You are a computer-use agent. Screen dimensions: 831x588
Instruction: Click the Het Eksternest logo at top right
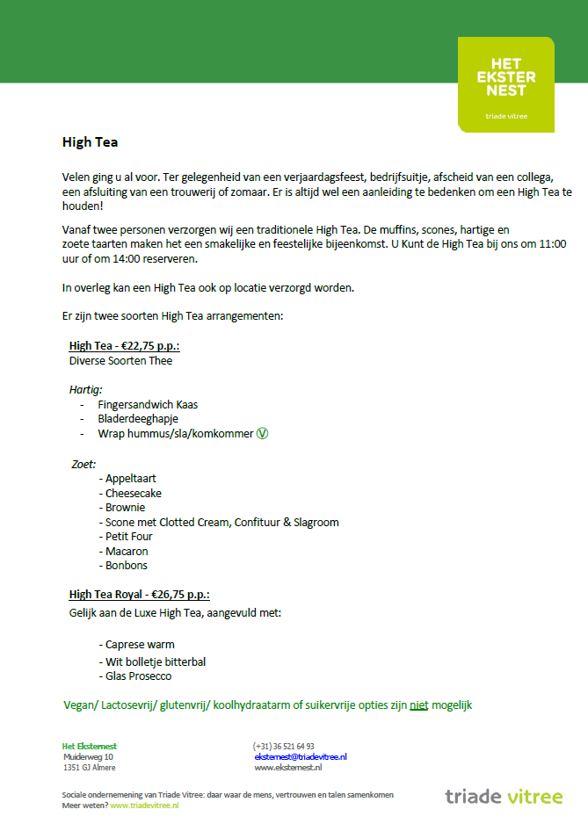[x=505, y=84]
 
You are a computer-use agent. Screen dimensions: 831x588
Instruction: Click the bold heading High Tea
[x=90, y=141]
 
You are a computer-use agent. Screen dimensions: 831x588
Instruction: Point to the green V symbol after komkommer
[x=261, y=433]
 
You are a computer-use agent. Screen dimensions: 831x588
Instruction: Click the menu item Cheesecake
[x=133, y=494]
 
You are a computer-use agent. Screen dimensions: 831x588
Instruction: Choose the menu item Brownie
[x=125, y=508]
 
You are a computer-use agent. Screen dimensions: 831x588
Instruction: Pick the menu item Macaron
[x=126, y=551]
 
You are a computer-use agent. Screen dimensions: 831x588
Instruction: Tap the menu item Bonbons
[x=127, y=566]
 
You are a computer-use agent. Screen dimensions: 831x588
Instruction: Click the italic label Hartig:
[x=86, y=389]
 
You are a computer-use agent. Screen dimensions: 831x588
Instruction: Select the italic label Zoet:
[x=83, y=464]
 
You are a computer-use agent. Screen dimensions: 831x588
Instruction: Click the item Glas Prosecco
[x=138, y=676]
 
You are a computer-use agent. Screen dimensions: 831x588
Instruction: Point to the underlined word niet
[x=419, y=705]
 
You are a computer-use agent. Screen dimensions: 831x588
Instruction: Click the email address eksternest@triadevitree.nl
[x=301, y=756]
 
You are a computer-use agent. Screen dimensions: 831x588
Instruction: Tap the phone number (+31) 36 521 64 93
[x=284, y=746]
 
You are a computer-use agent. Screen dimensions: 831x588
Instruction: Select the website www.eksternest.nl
[x=288, y=767]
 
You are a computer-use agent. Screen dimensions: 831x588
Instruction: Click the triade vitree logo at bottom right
[x=503, y=797]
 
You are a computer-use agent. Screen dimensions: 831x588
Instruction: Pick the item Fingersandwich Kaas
[x=148, y=405]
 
